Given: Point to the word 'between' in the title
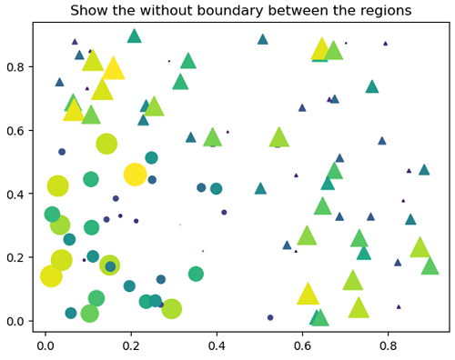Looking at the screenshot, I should pos(291,11).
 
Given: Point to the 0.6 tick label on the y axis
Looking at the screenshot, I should pos(15,131).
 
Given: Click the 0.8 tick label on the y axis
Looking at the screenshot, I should pos(15,67).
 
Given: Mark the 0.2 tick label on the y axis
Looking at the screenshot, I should pos(15,257).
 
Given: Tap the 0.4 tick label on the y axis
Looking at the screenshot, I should pos(15,195).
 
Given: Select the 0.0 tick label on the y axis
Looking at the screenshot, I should pos(15,321).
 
